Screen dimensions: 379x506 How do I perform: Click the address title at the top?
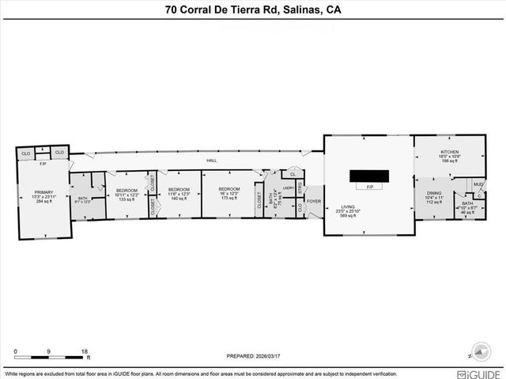click(x=252, y=10)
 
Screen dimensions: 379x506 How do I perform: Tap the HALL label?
click(x=212, y=161)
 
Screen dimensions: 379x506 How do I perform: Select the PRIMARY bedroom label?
click(x=43, y=192)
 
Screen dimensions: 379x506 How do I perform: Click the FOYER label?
click(x=315, y=200)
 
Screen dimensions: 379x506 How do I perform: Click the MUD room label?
click(x=479, y=185)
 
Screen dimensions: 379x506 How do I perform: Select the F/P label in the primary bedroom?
click(x=43, y=164)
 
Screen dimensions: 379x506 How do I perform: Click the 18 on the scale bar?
click(x=84, y=351)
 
